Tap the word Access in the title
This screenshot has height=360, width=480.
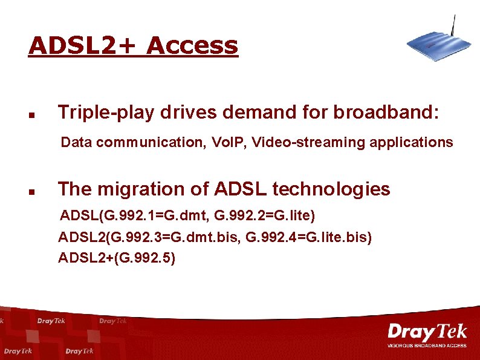click(192, 45)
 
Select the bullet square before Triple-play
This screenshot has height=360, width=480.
click(31, 113)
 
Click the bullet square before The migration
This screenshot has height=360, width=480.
click(31, 191)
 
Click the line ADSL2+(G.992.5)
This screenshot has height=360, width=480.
click(117, 258)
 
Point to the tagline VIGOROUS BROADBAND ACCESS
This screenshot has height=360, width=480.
click(427, 345)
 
